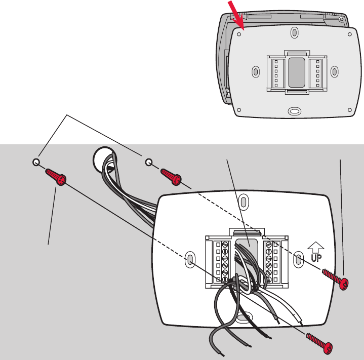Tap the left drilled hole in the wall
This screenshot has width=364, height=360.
pos(35,162)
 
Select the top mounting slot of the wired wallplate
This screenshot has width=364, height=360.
pos(244,202)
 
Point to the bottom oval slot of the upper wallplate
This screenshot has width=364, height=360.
pos(293,110)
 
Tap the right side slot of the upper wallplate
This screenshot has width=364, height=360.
pos(334,70)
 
